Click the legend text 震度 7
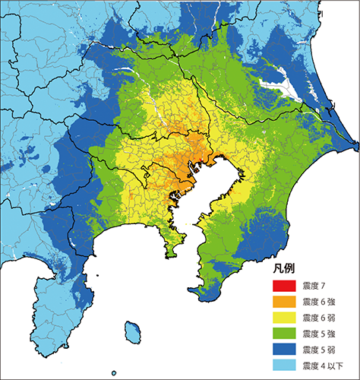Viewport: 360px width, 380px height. point(314,286)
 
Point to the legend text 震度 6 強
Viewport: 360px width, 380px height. point(317,302)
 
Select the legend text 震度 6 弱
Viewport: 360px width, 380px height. point(317,318)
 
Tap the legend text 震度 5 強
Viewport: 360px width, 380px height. point(317,334)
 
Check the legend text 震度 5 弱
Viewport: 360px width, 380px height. point(317,350)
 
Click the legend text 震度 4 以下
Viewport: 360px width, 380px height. point(321,366)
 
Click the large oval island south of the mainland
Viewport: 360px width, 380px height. point(134,332)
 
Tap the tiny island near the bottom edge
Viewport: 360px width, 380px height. point(115,372)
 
